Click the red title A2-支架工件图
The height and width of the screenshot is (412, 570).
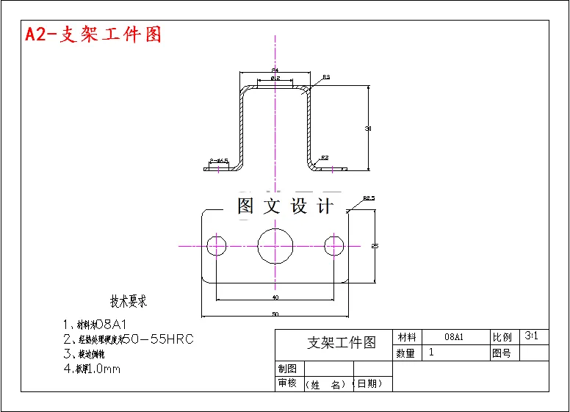click(93, 35)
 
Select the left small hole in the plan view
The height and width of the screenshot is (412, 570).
click(217, 245)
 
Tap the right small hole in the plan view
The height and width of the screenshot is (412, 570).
click(335, 245)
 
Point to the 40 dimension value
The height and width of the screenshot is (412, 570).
click(275, 297)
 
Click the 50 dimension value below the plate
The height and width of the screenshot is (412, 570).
click(275, 314)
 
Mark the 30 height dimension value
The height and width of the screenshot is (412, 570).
click(368, 129)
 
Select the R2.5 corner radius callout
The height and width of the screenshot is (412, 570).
click(369, 198)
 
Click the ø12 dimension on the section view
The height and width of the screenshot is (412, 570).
click(275, 77)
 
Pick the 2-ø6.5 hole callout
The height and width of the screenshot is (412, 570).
click(219, 160)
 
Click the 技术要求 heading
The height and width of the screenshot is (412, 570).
click(129, 301)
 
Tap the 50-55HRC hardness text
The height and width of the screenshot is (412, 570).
click(158, 339)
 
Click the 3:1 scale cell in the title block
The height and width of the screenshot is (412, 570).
click(533, 336)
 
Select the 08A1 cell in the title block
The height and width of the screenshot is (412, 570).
click(454, 337)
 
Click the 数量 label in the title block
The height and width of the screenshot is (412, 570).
click(407, 353)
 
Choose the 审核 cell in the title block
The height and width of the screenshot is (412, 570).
click(287, 383)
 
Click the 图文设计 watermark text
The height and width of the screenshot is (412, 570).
click(286, 206)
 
